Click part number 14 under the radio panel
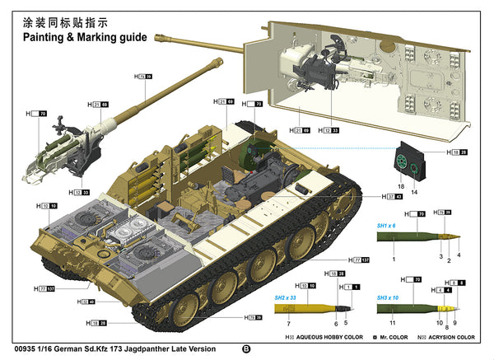point(414,191)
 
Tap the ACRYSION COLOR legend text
point(450,338)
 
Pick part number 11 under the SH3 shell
point(393,323)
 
